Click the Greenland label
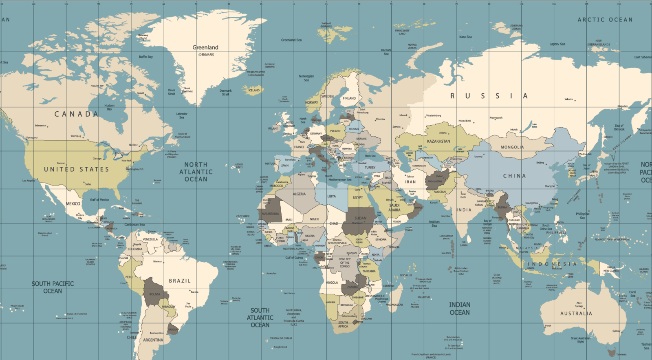tap(205, 48)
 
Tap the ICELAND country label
tap(254, 91)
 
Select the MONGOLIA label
tap(512, 147)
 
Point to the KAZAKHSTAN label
tap(438, 141)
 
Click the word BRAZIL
tap(180, 281)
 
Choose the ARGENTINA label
tap(153, 340)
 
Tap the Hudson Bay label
tap(109, 107)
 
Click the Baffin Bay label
tap(146, 57)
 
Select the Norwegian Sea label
tap(306, 78)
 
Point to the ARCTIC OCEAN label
tap(605, 20)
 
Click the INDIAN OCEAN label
tap(460, 309)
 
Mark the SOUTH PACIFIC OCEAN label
tap(53, 287)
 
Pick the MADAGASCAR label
tap(394, 305)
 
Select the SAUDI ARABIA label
tap(394, 208)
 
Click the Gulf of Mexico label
tap(99, 200)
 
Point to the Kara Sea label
tap(465, 37)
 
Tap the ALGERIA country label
tap(299, 194)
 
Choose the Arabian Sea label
tap(434, 223)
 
